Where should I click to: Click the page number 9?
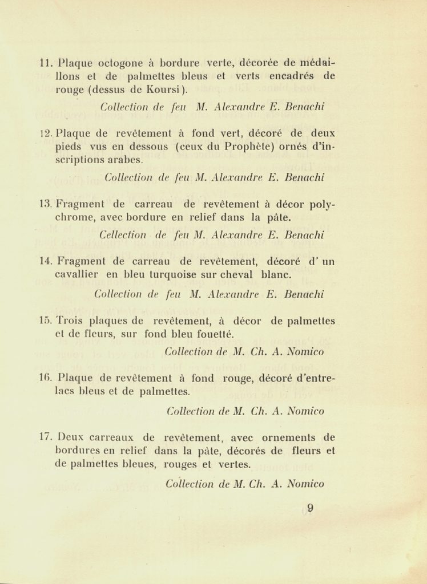(x=310, y=508)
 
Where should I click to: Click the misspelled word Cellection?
(x=122, y=234)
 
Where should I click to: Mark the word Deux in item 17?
(x=71, y=437)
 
